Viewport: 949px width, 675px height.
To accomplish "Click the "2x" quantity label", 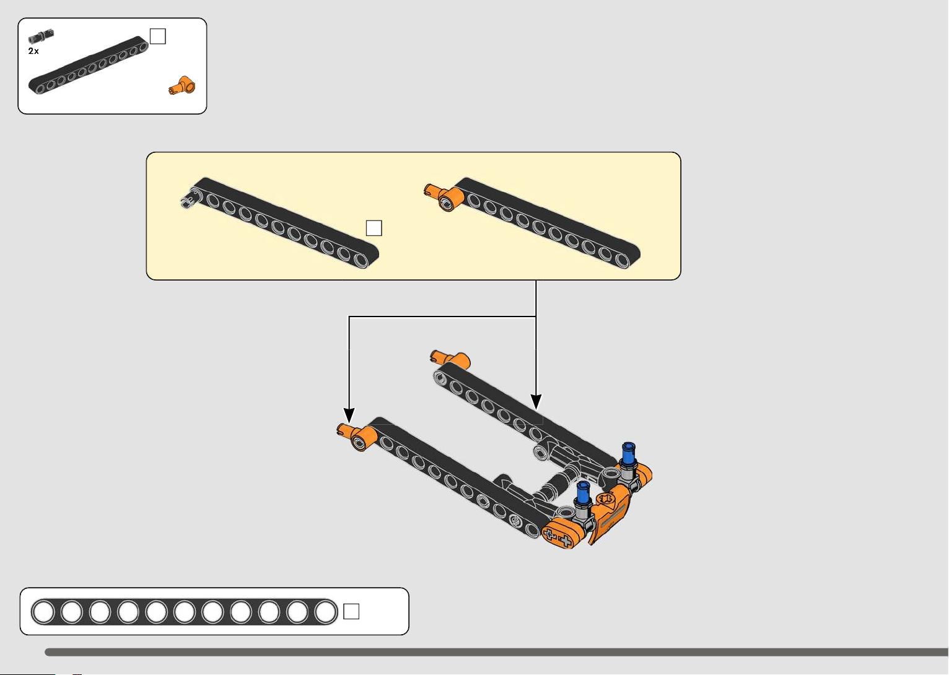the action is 33,51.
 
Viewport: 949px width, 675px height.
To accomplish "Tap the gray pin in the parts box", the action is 41,36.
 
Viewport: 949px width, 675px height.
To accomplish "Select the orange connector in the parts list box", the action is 182,86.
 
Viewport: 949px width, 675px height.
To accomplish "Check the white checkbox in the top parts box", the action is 157,37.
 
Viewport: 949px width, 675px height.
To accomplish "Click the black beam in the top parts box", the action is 89,65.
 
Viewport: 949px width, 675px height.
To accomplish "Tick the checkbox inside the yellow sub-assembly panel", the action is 374,228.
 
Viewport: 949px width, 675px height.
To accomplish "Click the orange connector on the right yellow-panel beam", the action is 445,197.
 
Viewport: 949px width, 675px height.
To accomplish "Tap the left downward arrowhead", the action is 349,415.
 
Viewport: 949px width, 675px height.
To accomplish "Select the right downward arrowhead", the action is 536,401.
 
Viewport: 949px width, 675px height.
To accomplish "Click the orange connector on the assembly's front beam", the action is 357,437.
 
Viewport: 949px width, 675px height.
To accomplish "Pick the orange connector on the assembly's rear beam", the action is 450,359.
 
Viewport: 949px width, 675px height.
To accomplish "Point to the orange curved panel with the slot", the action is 610,515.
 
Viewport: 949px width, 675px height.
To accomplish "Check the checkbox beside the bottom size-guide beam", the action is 351,611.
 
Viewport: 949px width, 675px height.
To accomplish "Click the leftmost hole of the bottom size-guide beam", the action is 43,612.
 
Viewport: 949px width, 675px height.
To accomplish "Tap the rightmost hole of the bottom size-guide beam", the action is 325,612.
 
